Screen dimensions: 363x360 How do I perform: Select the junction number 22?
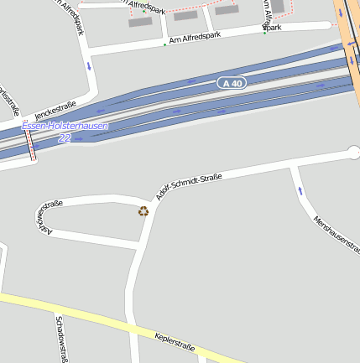[x=64, y=138]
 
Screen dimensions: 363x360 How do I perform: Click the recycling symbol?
[x=143, y=211]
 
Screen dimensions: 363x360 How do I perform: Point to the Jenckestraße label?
[x=55, y=110]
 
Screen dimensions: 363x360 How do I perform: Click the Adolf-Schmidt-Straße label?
[x=189, y=182]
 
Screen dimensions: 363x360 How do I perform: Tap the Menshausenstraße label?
[x=335, y=234]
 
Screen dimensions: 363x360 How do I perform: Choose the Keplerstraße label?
[x=175, y=342]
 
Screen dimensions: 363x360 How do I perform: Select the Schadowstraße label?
[x=60, y=339]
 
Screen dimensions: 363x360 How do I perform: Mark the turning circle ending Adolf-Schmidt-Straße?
[x=353, y=153]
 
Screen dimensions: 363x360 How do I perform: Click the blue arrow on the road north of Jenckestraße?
[x=88, y=65]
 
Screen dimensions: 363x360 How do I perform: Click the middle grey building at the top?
[x=185, y=15]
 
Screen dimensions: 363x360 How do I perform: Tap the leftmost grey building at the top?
[x=140, y=22]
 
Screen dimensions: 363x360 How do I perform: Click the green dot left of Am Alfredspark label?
[x=164, y=44]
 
